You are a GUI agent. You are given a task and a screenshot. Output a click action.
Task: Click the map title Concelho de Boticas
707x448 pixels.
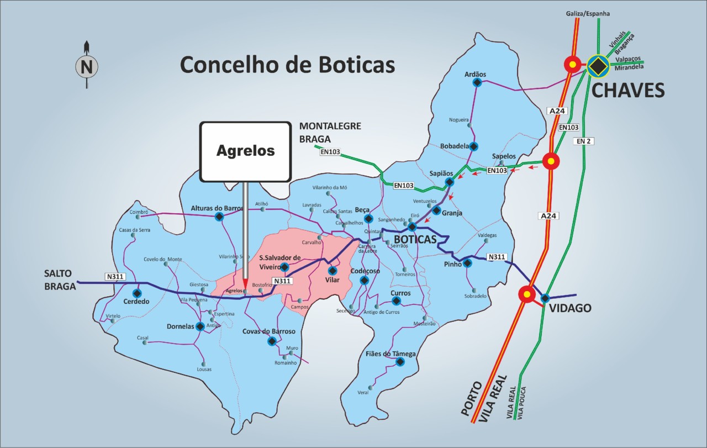coord(287,65)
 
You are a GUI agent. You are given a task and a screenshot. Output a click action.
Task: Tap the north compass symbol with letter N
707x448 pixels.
coord(87,67)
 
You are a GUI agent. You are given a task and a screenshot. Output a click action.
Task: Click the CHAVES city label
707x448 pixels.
coord(628,91)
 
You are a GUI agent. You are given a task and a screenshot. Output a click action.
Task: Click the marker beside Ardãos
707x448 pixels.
coord(477,83)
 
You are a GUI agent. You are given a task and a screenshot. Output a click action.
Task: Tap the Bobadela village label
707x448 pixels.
coord(454,146)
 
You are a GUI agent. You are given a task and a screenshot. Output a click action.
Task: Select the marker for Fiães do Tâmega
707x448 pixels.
coord(400,362)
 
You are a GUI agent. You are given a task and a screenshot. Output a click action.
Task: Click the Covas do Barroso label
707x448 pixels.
coord(269,331)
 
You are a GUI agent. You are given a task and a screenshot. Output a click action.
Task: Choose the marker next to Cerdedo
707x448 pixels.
coord(137,293)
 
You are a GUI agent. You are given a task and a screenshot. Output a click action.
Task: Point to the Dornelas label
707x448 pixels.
coord(180,326)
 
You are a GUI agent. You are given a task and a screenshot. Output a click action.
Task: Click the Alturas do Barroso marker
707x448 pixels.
coord(219,217)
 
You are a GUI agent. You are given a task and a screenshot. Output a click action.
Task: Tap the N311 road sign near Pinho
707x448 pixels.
coord(497,257)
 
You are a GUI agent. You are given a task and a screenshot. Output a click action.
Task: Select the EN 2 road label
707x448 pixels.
coord(583,141)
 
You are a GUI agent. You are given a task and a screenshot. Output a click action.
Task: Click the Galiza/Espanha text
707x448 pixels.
coord(588,13)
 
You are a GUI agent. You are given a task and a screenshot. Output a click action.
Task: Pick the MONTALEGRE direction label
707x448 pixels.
coord(330,127)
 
